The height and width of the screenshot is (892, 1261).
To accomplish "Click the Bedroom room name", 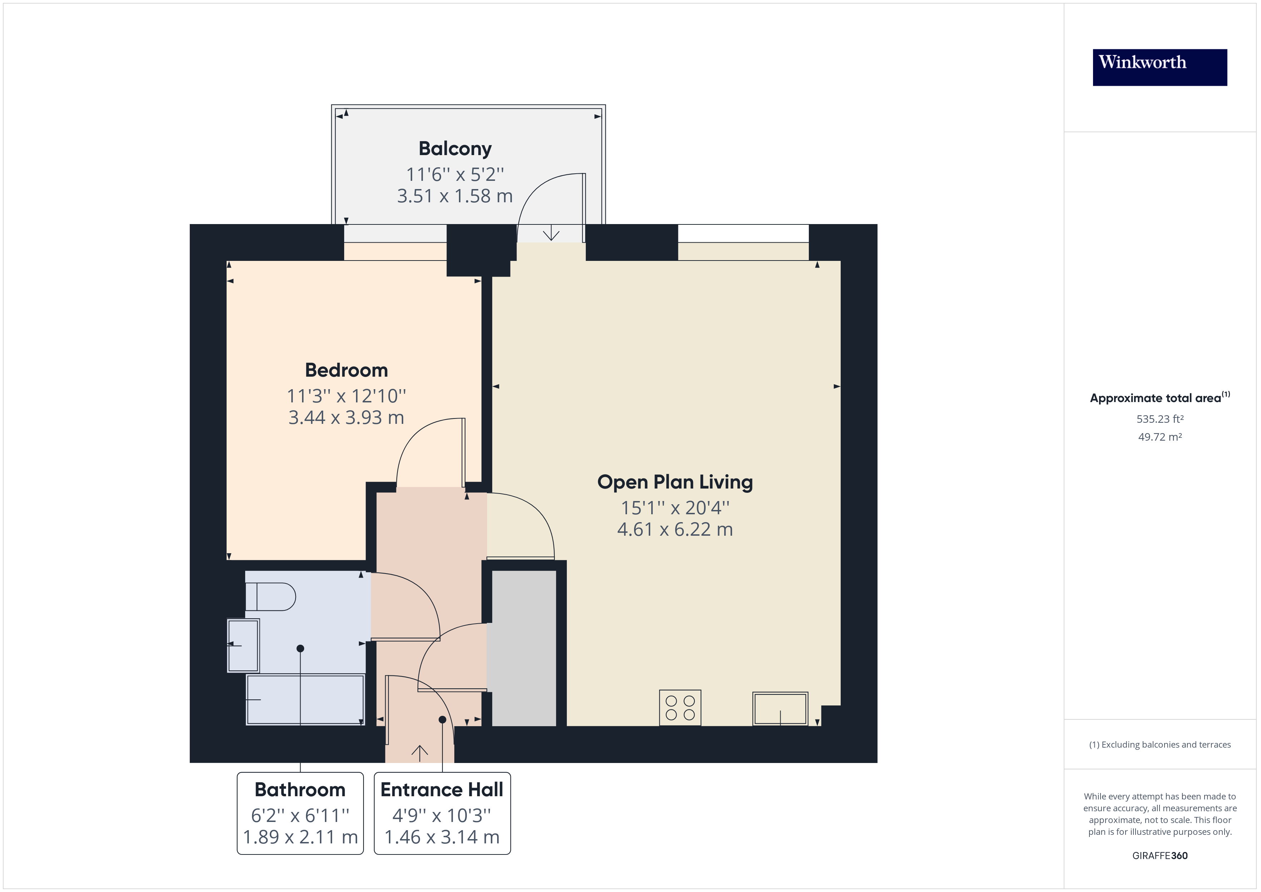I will (x=346, y=370).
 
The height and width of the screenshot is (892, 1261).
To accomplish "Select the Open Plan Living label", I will (x=674, y=482).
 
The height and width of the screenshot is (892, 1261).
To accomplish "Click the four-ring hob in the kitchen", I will (x=680, y=708).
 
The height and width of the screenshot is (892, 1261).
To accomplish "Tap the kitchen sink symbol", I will (x=780, y=709).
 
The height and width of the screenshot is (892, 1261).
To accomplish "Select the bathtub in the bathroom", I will (x=305, y=700).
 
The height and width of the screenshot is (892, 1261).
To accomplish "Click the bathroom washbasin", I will (x=243, y=645).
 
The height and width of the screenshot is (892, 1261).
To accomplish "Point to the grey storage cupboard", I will (x=523, y=648).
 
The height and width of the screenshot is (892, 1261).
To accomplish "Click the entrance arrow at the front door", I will (x=420, y=753).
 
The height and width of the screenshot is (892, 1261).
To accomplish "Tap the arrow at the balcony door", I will (x=551, y=234).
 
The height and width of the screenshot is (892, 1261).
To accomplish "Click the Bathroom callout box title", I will (x=300, y=790).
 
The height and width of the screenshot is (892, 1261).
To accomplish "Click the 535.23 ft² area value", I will (x=1159, y=419).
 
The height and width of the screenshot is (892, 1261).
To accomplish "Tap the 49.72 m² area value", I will (x=1159, y=437).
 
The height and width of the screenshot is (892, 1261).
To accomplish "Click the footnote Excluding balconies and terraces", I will (x=1159, y=745).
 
